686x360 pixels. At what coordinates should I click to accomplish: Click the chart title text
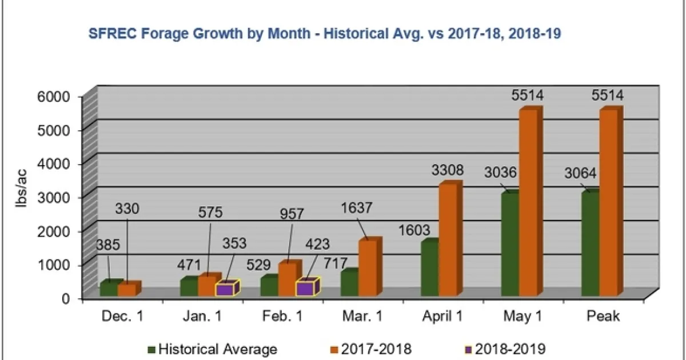[x=325, y=34]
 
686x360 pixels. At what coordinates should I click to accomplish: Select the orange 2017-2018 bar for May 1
[x=528, y=203]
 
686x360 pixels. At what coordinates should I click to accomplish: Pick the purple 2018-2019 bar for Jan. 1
[x=224, y=289]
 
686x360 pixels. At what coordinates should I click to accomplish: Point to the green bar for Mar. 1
[x=349, y=283]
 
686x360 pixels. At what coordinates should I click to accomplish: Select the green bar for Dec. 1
[x=109, y=289]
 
